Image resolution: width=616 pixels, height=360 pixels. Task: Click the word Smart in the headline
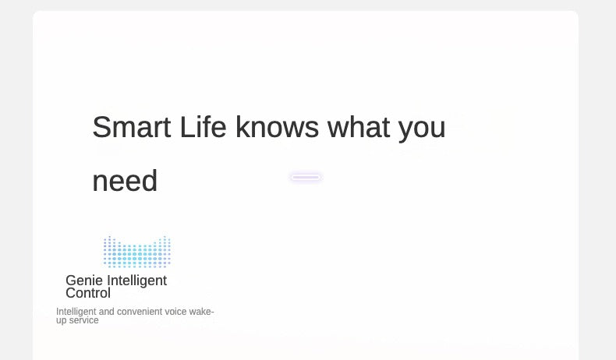pos(132,127)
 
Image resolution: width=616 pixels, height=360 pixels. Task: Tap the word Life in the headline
pos(203,127)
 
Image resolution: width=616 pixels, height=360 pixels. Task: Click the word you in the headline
pos(422,130)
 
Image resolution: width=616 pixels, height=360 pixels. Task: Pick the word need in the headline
pos(125,181)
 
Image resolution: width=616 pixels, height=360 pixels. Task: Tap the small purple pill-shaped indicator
pos(306,178)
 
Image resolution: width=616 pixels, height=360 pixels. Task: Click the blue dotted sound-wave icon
pos(137,252)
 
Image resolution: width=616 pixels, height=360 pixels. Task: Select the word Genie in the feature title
pos(84,281)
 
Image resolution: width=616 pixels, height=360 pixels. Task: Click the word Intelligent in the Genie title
pos(136,281)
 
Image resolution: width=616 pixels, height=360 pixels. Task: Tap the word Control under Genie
pos(88,293)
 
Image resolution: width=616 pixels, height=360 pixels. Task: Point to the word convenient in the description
pos(140,312)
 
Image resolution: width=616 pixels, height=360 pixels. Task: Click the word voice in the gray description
pos(175,312)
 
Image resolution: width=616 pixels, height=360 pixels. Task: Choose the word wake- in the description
pos(201,312)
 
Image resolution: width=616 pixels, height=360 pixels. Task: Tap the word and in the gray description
pos(107,312)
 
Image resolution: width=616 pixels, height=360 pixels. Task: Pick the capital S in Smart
pos(101,127)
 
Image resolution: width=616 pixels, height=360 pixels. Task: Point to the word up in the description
pos(62,321)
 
